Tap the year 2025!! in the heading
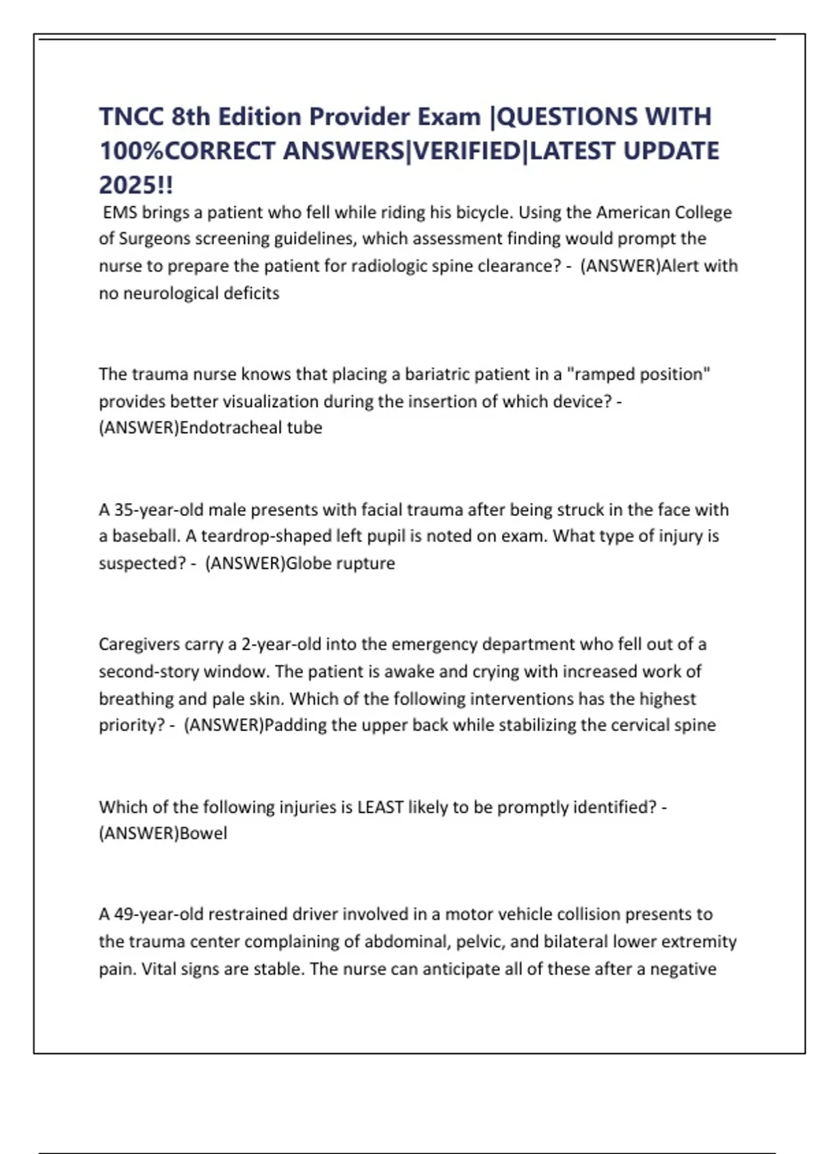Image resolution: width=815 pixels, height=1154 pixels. point(136,185)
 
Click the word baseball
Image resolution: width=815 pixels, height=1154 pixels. point(145,536)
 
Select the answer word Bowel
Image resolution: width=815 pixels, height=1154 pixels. point(203,834)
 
